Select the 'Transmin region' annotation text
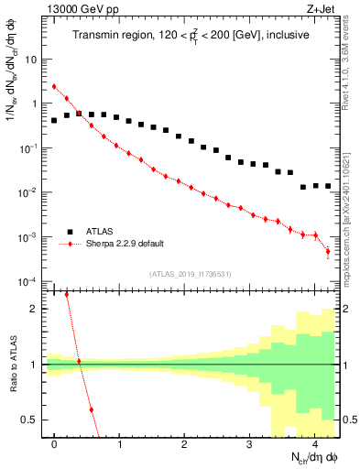(x=190, y=36)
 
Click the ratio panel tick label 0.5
(x=31, y=420)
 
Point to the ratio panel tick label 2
(x=35, y=309)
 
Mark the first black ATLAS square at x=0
(x=54, y=120)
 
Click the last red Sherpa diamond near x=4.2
(x=328, y=252)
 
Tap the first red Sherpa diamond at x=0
(x=54, y=87)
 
